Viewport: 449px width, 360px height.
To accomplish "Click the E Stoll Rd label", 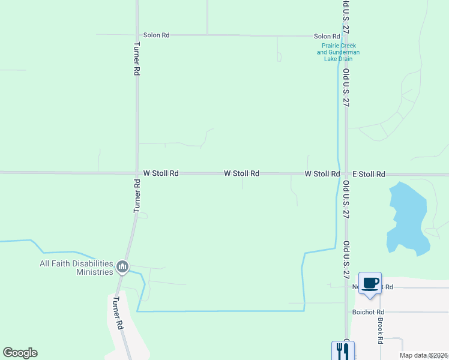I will [x=369, y=174].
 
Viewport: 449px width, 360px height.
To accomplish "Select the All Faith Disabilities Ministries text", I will [x=76, y=268].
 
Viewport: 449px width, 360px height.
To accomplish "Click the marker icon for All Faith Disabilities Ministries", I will [x=122, y=266].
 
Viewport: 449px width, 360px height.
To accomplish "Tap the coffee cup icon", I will [x=370, y=283].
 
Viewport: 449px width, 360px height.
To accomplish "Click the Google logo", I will [x=20, y=353].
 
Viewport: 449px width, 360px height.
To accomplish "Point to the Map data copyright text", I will [x=424, y=355].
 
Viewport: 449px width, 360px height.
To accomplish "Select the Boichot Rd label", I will [x=368, y=312].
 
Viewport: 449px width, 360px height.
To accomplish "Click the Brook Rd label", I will [x=381, y=330].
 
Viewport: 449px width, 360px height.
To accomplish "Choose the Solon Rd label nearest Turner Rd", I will [x=156, y=35].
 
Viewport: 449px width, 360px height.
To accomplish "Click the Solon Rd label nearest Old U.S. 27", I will [x=327, y=37].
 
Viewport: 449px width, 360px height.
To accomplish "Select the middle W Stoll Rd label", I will [x=241, y=173].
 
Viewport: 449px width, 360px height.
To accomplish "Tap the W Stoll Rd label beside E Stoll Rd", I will [x=322, y=174].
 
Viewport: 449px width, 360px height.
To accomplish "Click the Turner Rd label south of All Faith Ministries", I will [x=118, y=313].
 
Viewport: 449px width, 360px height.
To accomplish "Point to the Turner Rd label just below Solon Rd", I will [x=137, y=58].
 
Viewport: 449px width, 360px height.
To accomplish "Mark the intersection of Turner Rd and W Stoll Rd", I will [x=137, y=173].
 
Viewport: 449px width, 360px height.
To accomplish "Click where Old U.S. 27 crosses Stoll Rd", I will [x=346, y=174].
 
